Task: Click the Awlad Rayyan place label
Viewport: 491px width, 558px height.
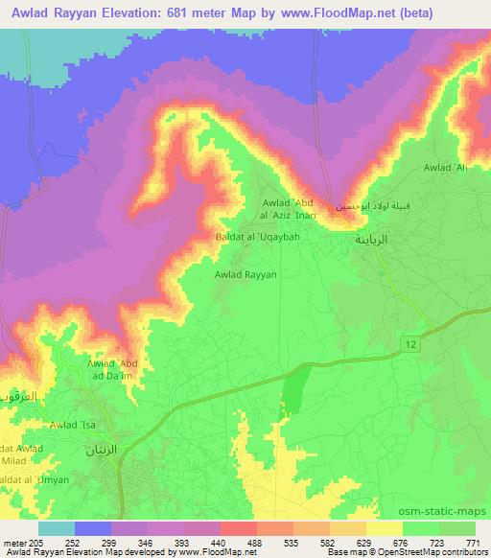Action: click(245, 273)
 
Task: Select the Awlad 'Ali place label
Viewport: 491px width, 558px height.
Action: click(446, 168)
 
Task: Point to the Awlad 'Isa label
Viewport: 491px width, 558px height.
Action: click(74, 425)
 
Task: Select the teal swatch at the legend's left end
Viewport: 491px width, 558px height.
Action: click(57, 528)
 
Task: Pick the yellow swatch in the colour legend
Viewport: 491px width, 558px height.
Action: click(385, 528)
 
